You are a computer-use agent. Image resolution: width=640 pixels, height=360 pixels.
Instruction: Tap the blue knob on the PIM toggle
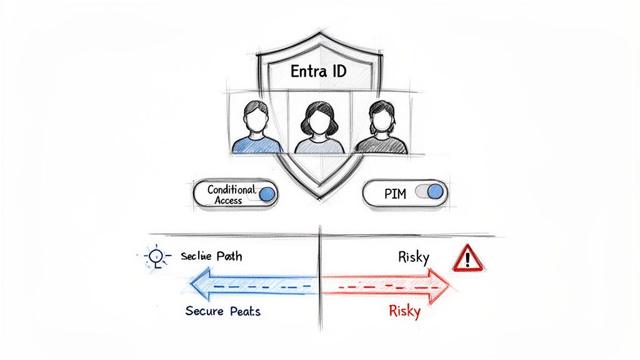pos(435,191)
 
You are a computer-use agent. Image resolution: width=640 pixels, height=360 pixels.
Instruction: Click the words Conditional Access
pos(231,194)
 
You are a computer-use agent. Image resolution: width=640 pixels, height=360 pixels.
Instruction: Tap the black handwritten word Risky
pos(413,257)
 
